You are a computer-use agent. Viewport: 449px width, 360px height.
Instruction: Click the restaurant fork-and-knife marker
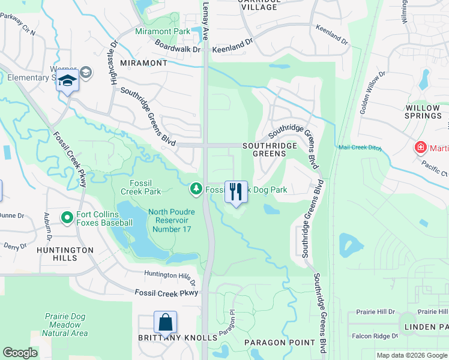point(236,192)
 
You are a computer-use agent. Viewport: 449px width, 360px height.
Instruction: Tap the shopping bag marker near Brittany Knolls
point(165,322)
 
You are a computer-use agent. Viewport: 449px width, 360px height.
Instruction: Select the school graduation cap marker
point(67,82)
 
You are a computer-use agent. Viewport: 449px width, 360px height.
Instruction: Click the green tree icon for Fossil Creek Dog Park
point(196,190)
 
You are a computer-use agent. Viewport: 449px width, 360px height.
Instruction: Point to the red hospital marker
point(421,147)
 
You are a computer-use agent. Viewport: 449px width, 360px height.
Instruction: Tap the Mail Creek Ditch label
point(360,147)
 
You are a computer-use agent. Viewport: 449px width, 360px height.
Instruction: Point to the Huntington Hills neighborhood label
point(65,254)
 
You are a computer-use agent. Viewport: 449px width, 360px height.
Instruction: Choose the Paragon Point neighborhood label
point(279,343)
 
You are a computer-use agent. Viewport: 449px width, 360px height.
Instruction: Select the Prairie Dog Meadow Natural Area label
point(66,325)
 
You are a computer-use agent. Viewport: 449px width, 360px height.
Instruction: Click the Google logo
point(20,353)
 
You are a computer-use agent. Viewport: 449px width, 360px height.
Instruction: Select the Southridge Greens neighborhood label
point(270,149)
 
